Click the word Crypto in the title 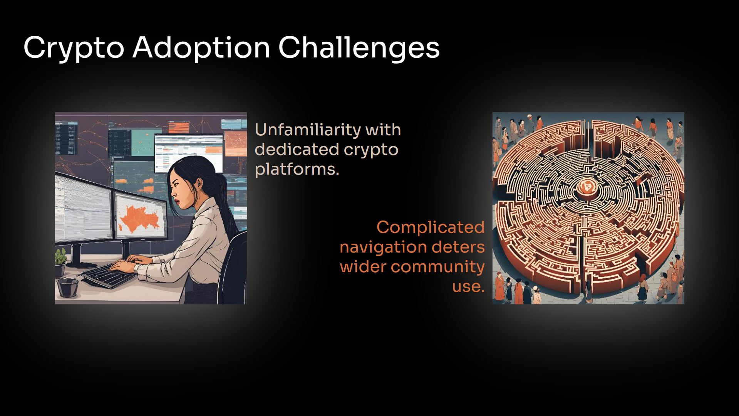click(74, 48)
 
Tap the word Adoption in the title click(201, 48)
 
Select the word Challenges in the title click(359, 48)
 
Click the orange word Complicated click(431, 228)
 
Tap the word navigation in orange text click(383, 248)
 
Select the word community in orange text click(437, 267)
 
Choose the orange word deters click(458, 247)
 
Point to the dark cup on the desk click(68, 288)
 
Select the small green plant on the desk click(60, 258)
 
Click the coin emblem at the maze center click(587, 187)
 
